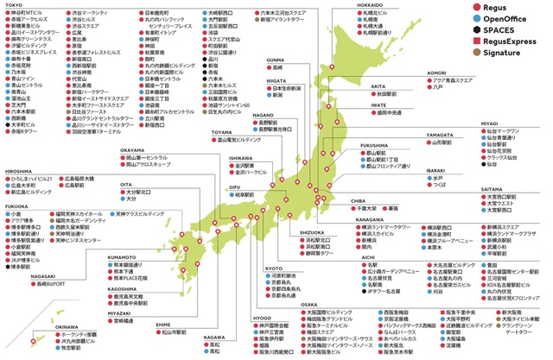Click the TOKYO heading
pos(15,4)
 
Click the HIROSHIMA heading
pos(20,171)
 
